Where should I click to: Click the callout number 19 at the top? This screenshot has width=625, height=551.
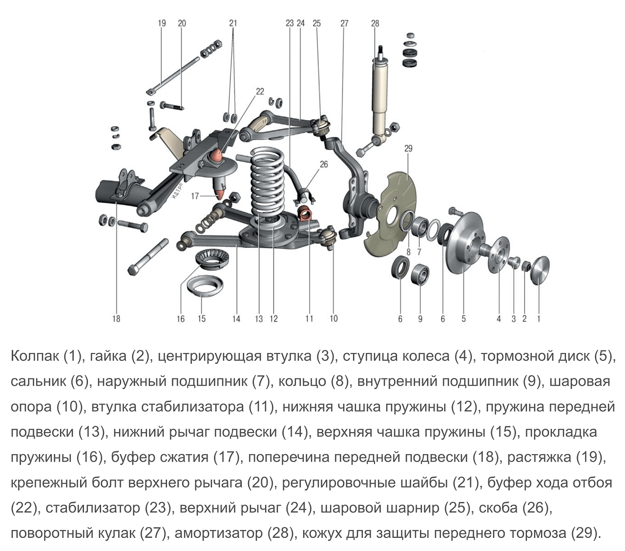point(162,23)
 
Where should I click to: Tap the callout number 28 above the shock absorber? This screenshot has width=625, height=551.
point(375,23)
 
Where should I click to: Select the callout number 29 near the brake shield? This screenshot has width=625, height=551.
point(408,148)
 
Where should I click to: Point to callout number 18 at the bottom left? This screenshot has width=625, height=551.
point(116,319)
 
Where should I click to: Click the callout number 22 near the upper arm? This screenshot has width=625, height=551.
point(260,91)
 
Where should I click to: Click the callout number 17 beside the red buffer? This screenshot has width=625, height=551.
point(195,196)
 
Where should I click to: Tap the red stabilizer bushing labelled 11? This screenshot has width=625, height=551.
point(305,214)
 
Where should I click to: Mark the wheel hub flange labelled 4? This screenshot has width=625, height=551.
point(498,251)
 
